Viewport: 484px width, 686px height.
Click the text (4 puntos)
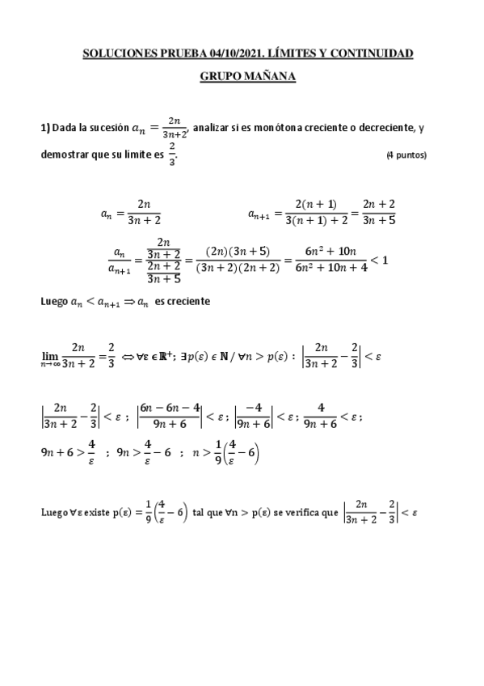(406, 155)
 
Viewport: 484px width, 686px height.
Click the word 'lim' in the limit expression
(49, 354)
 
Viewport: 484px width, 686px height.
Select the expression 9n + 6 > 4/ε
(68, 453)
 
